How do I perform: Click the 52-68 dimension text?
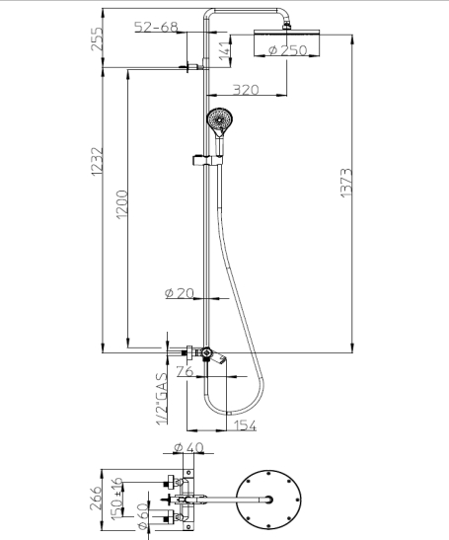click(156, 28)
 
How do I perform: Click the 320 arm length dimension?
click(246, 90)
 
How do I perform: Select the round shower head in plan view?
click(266, 500)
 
